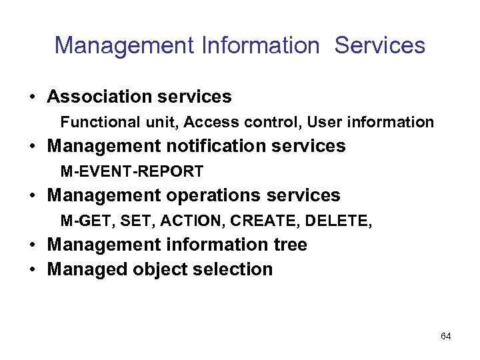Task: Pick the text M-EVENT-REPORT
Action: click(x=132, y=171)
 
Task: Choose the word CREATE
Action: click(x=259, y=221)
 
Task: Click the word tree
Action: click(x=289, y=245)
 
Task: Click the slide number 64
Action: click(x=445, y=336)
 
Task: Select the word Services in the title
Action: click(x=379, y=45)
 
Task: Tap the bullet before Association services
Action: click(x=32, y=97)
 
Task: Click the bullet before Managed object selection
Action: click(x=32, y=270)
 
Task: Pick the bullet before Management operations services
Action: click(x=32, y=196)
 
